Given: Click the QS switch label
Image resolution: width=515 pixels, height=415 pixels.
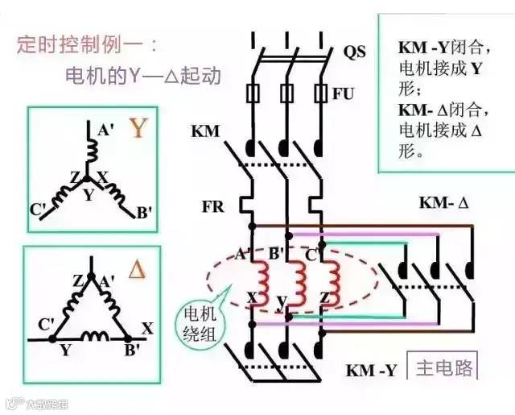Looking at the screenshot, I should (354, 52).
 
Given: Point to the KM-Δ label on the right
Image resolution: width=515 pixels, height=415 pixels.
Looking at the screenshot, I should (443, 202).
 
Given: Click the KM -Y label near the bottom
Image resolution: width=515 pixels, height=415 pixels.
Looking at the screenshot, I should (371, 371).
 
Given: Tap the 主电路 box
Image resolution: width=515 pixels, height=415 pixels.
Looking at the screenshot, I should (442, 368).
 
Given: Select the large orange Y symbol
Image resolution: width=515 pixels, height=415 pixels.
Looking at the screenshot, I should (140, 128).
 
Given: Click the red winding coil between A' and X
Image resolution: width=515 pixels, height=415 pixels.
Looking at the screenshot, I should (262, 277).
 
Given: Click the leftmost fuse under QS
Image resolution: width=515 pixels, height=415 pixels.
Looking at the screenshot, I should (253, 93).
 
